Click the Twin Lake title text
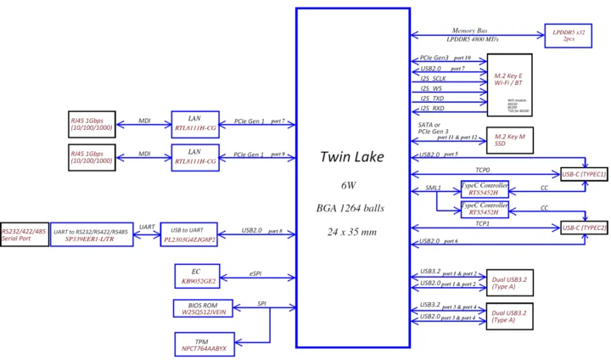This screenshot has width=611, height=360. (351, 157)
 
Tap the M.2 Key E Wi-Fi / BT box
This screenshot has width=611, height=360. (507, 84)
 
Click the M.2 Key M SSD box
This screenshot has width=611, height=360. (506, 140)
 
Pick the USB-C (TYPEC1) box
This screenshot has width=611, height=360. (583, 174)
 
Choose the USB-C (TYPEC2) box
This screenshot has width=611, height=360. (583, 228)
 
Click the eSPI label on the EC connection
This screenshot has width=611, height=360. (255, 273)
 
